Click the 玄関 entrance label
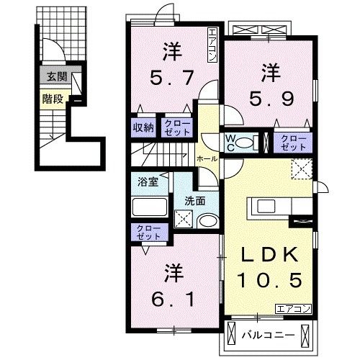(x=53, y=76)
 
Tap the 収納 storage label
(x=143, y=128)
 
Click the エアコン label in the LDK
(x=292, y=309)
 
